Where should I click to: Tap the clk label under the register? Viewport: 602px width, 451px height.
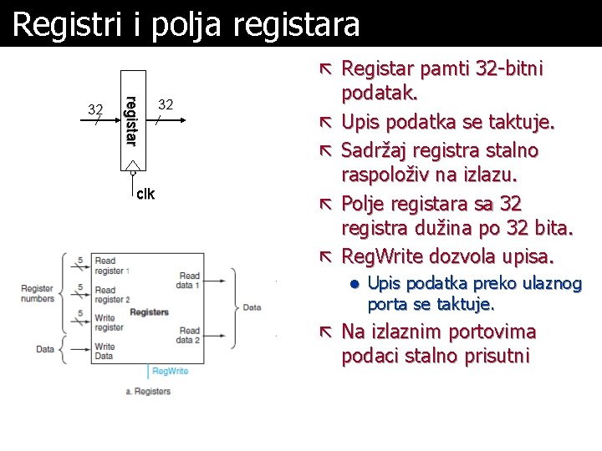tap(145, 194)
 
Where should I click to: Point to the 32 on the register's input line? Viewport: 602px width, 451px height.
tap(96, 109)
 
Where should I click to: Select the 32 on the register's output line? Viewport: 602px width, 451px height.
tap(166, 104)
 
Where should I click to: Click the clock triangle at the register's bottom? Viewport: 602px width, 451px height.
tap(131, 167)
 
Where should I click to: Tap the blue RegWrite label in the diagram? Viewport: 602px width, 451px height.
tap(170, 371)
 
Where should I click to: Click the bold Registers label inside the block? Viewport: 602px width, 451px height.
tap(149, 312)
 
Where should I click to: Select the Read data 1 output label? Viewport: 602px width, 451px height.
tap(189, 281)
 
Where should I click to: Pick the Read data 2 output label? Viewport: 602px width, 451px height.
tap(189, 335)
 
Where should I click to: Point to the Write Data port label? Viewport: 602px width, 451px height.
tap(105, 351)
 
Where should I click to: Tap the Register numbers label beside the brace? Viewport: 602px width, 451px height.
tap(38, 293)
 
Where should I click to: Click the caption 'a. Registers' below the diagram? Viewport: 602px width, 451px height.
tap(147, 390)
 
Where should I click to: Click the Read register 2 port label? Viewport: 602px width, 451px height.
tap(110, 294)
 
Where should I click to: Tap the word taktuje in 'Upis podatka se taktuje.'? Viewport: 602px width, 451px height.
tap(523, 123)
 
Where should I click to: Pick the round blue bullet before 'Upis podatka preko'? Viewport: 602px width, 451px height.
tap(354, 285)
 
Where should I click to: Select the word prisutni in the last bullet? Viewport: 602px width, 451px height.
tap(492, 357)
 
